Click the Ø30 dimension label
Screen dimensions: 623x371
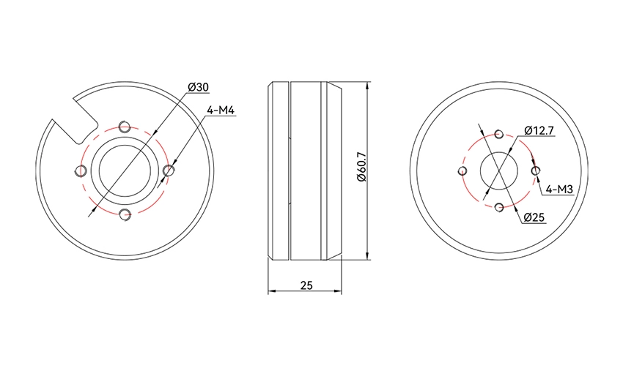click(x=199, y=87)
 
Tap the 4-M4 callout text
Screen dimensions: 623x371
click(x=221, y=110)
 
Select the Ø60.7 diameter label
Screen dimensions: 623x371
click(x=361, y=167)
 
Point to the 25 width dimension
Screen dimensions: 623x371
click(x=306, y=285)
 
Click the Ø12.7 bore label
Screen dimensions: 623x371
click(x=539, y=130)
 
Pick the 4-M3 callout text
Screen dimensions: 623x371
click(x=559, y=190)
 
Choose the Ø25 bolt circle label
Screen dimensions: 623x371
click(x=534, y=217)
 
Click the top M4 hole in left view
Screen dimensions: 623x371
click(x=125, y=127)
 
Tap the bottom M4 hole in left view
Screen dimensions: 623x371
click(x=125, y=214)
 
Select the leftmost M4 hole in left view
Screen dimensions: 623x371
click(x=81, y=171)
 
